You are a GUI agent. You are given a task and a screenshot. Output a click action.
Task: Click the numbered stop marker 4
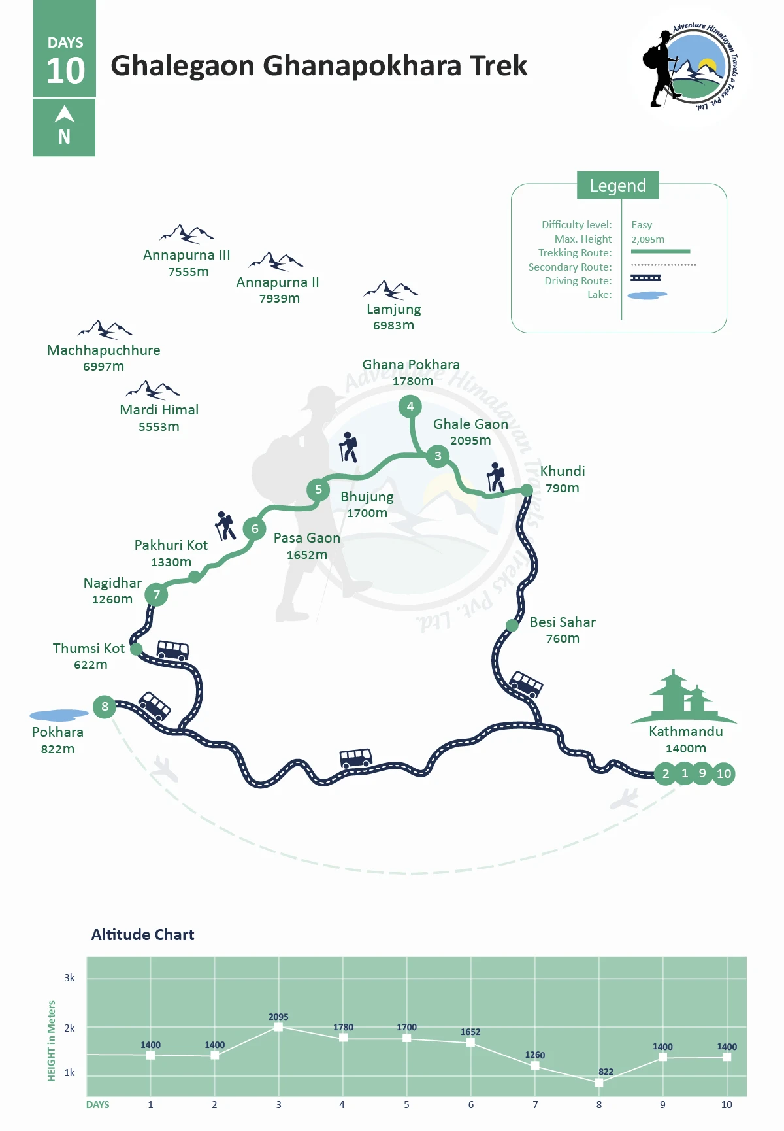[410, 407]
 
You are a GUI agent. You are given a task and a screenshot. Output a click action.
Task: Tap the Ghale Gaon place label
[470, 424]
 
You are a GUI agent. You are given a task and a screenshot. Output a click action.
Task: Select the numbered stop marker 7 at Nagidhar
[156, 595]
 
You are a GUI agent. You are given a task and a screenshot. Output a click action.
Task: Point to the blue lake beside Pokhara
[59, 715]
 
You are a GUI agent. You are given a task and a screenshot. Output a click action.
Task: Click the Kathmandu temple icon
[683, 696]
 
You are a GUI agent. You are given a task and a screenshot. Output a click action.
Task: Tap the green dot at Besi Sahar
[512, 626]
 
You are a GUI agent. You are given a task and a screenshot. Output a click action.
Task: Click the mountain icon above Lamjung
[391, 290]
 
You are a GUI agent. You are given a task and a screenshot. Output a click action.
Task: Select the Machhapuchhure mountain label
[104, 350]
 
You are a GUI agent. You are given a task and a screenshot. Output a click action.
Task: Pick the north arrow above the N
[64, 114]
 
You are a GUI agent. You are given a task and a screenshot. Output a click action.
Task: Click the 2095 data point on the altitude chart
[278, 1027]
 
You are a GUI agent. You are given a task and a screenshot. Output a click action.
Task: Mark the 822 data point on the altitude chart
[599, 1083]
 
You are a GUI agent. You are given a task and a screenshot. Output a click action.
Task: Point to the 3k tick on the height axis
[69, 978]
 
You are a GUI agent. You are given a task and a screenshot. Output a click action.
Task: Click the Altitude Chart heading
[142, 935]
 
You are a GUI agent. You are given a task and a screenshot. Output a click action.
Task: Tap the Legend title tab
[617, 186]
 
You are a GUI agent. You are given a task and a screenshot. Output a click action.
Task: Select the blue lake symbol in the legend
[647, 295]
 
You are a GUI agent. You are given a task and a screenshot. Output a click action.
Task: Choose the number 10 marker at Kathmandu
[724, 774]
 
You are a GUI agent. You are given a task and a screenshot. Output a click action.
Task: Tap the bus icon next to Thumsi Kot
[173, 650]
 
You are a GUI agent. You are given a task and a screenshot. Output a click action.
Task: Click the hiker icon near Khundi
[497, 477]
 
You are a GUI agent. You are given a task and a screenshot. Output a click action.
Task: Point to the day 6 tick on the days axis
[470, 1104]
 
